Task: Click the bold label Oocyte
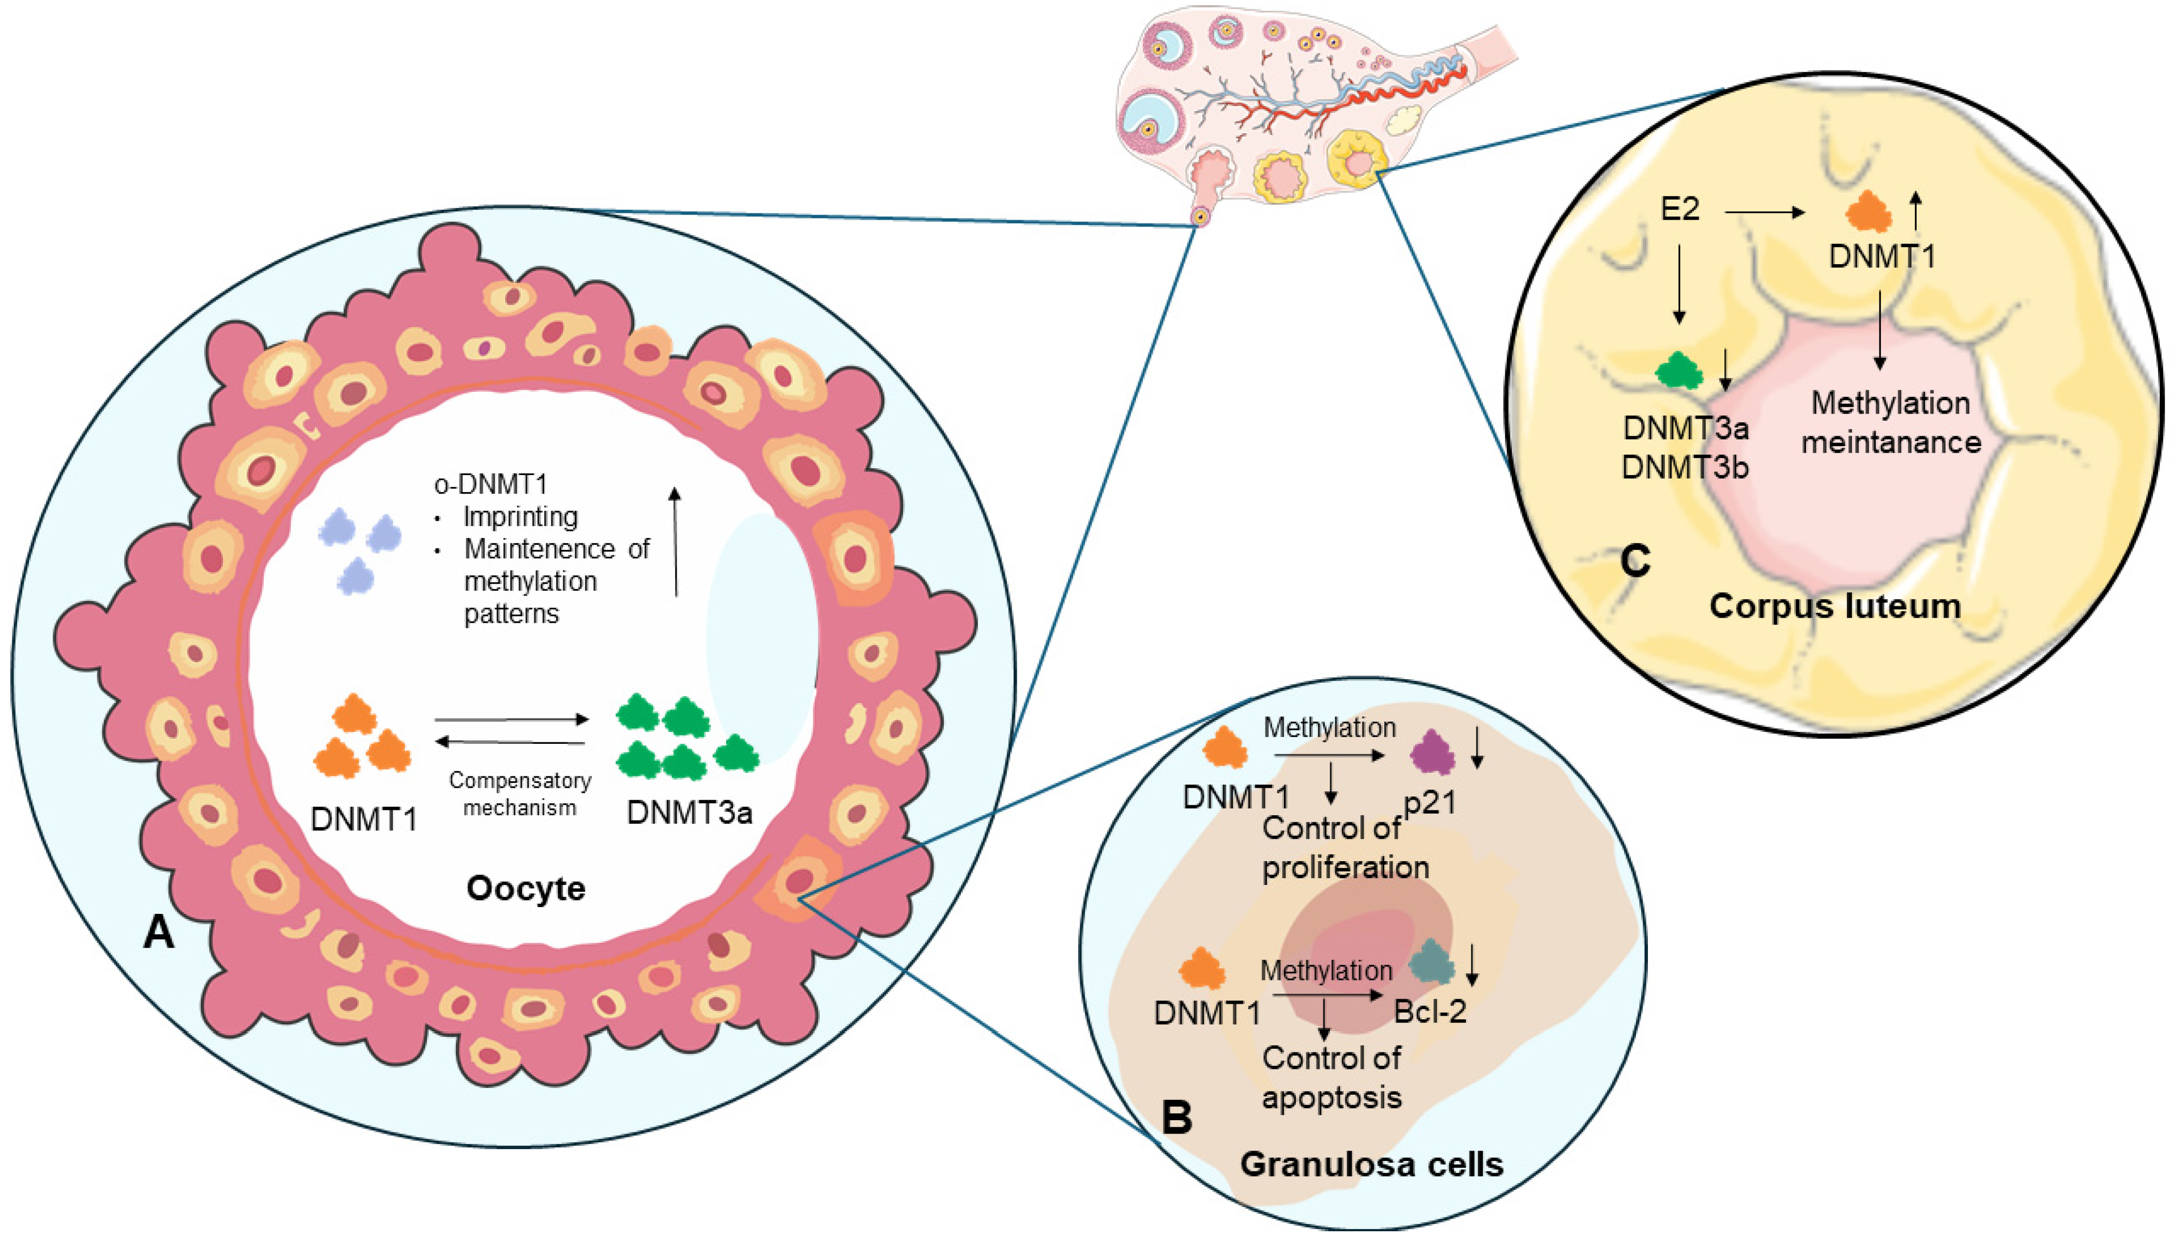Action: click(525, 889)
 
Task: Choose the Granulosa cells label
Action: click(1371, 1164)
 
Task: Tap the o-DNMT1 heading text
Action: click(491, 484)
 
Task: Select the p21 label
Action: click(1429, 802)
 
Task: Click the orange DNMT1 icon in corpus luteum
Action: click(1868, 212)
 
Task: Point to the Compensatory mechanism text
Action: click(520, 793)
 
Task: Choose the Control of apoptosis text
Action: click(1332, 1077)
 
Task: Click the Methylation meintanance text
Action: click(1890, 422)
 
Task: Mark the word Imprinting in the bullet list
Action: click(520, 516)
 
